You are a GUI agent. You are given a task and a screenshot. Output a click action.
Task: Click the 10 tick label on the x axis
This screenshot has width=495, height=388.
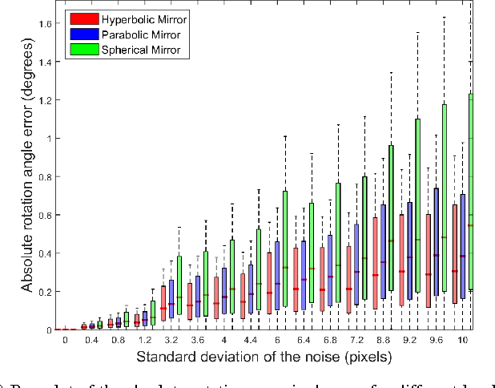pyautogui.click(x=462, y=341)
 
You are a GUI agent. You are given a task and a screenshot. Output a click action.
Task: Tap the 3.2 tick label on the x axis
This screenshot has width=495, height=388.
pyautogui.click(x=171, y=341)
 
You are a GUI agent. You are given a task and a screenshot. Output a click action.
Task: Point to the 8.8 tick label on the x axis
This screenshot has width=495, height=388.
pyautogui.click(x=383, y=341)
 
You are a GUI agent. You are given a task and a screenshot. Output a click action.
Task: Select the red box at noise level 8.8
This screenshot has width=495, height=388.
pyautogui.click(x=375, y=263)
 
